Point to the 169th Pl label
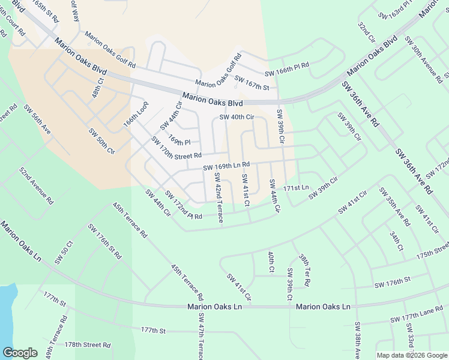pos(179,140)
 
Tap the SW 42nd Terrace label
pos(218,197)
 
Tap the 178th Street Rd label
pos(88,345)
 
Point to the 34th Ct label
pos(396,240)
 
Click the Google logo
pos(20,353)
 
